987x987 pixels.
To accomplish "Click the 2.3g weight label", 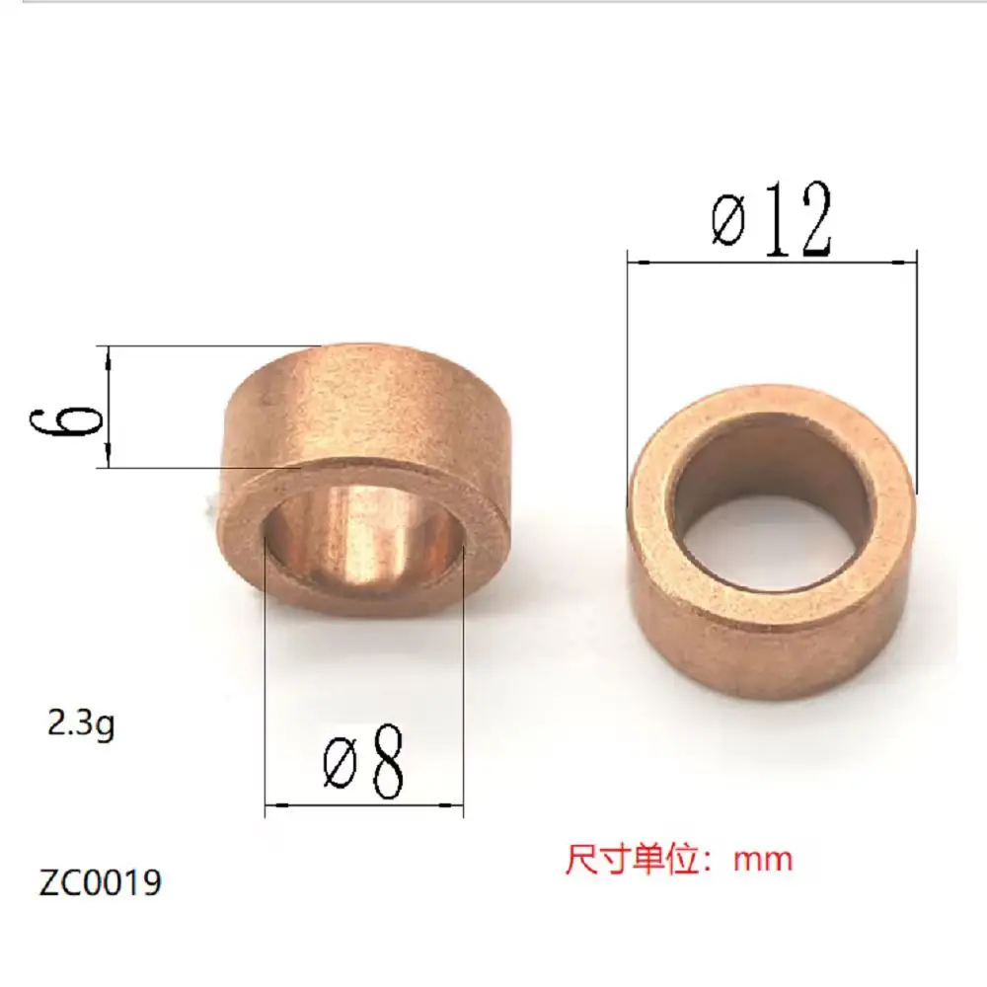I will [81, 725].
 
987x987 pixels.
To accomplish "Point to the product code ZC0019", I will [100, 881].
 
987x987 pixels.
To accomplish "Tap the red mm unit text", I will [763, 859].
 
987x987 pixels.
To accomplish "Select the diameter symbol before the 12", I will [729, 222].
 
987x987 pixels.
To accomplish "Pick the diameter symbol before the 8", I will [341, 766].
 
